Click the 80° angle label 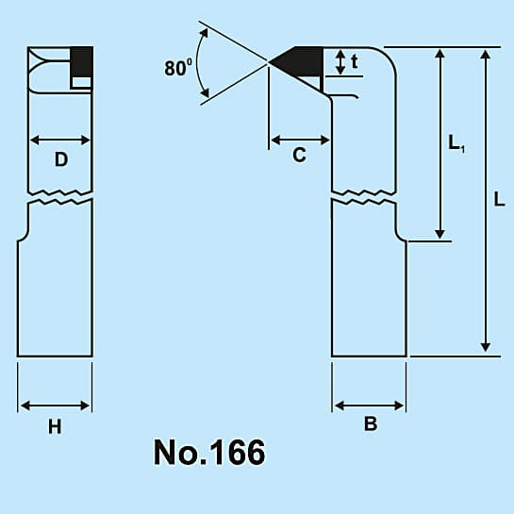click(x=178, y=68)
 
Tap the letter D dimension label click(x=61, y=160)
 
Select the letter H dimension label click(x=55, y=427)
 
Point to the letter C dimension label click(x=299, y=155)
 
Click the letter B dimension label click(x=371, y=423)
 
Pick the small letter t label click(x=354, y=61)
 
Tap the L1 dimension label click(x=456, y=143)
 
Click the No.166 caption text click(x=209, y=453)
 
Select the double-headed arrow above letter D click(x=60, y=140)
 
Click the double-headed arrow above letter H click(x=55, y=406)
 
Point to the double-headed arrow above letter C click(x=300, y=141)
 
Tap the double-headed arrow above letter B click(x=370, y=406)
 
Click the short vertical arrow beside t click(x=340, y=62)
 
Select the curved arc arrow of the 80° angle click(x=197, y=63)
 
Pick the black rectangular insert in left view click(x=82, y=62)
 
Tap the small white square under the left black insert click(x=81, y=82)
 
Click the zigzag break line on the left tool click(x=60, y=197)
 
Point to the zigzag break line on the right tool click(x=364, y=197)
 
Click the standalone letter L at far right click(x=499, y=199)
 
